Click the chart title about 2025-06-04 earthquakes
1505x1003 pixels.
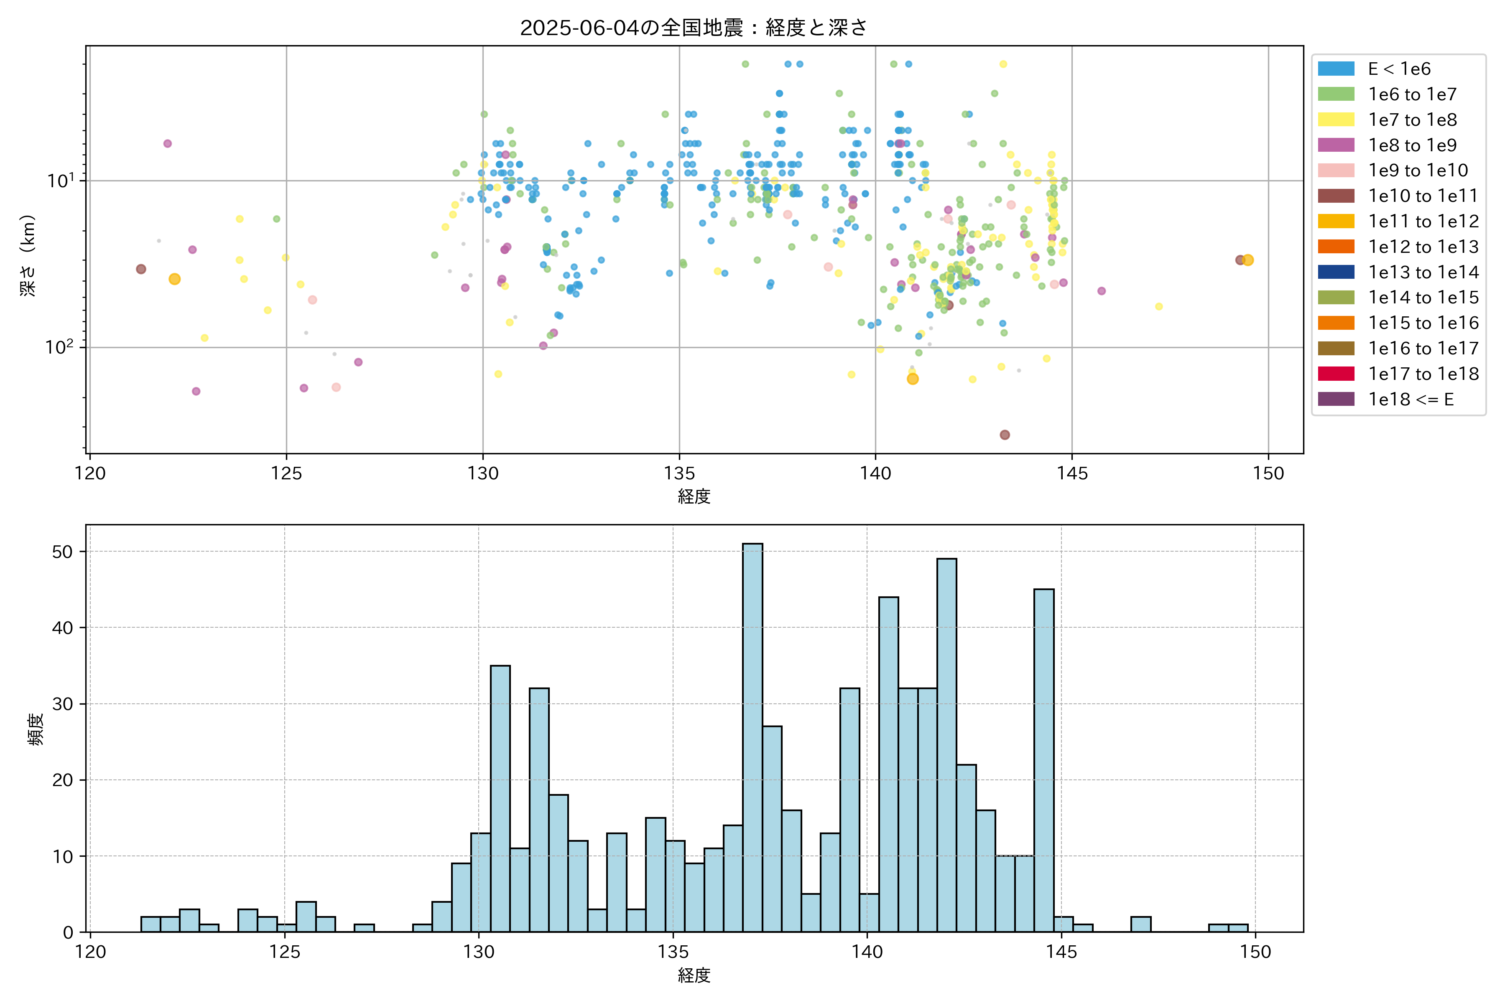point(694,28)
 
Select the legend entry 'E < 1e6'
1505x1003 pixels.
point(1399,69)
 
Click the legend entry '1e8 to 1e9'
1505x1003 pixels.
point(1412,145)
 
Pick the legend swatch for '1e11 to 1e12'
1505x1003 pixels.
point(1336,221)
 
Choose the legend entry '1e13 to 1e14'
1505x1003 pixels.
point(1423,272)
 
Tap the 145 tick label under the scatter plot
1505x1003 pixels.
point(1072,473)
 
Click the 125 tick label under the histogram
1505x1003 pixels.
point(285,952)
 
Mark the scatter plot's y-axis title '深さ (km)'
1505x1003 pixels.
point(28,255)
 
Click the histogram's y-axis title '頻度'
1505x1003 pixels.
point(36,729)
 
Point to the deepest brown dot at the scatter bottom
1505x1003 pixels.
point(1005,435)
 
